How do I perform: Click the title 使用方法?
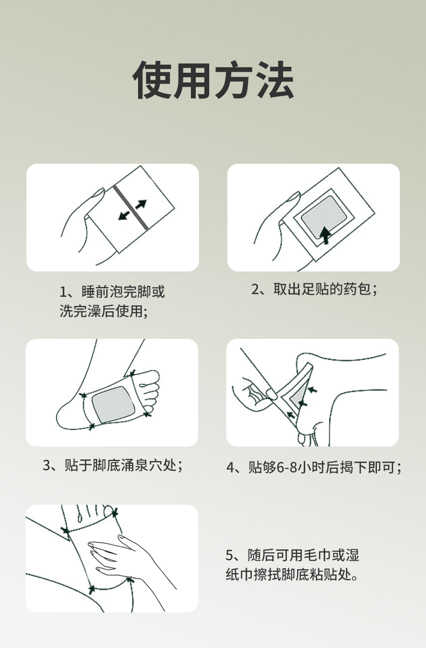click(x=213, y=80)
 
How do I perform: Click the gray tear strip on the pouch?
click(x=131, y=207)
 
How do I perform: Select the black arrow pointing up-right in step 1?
click(x=141, y=204)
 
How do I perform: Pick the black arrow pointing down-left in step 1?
click(x=123, y=215)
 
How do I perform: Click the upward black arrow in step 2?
click(x=326, y=235)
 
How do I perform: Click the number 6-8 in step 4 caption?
click(x=287, y=468)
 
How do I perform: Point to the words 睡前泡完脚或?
click(x=123, y=291)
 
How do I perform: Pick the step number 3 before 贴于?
click(x=46, y=465)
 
